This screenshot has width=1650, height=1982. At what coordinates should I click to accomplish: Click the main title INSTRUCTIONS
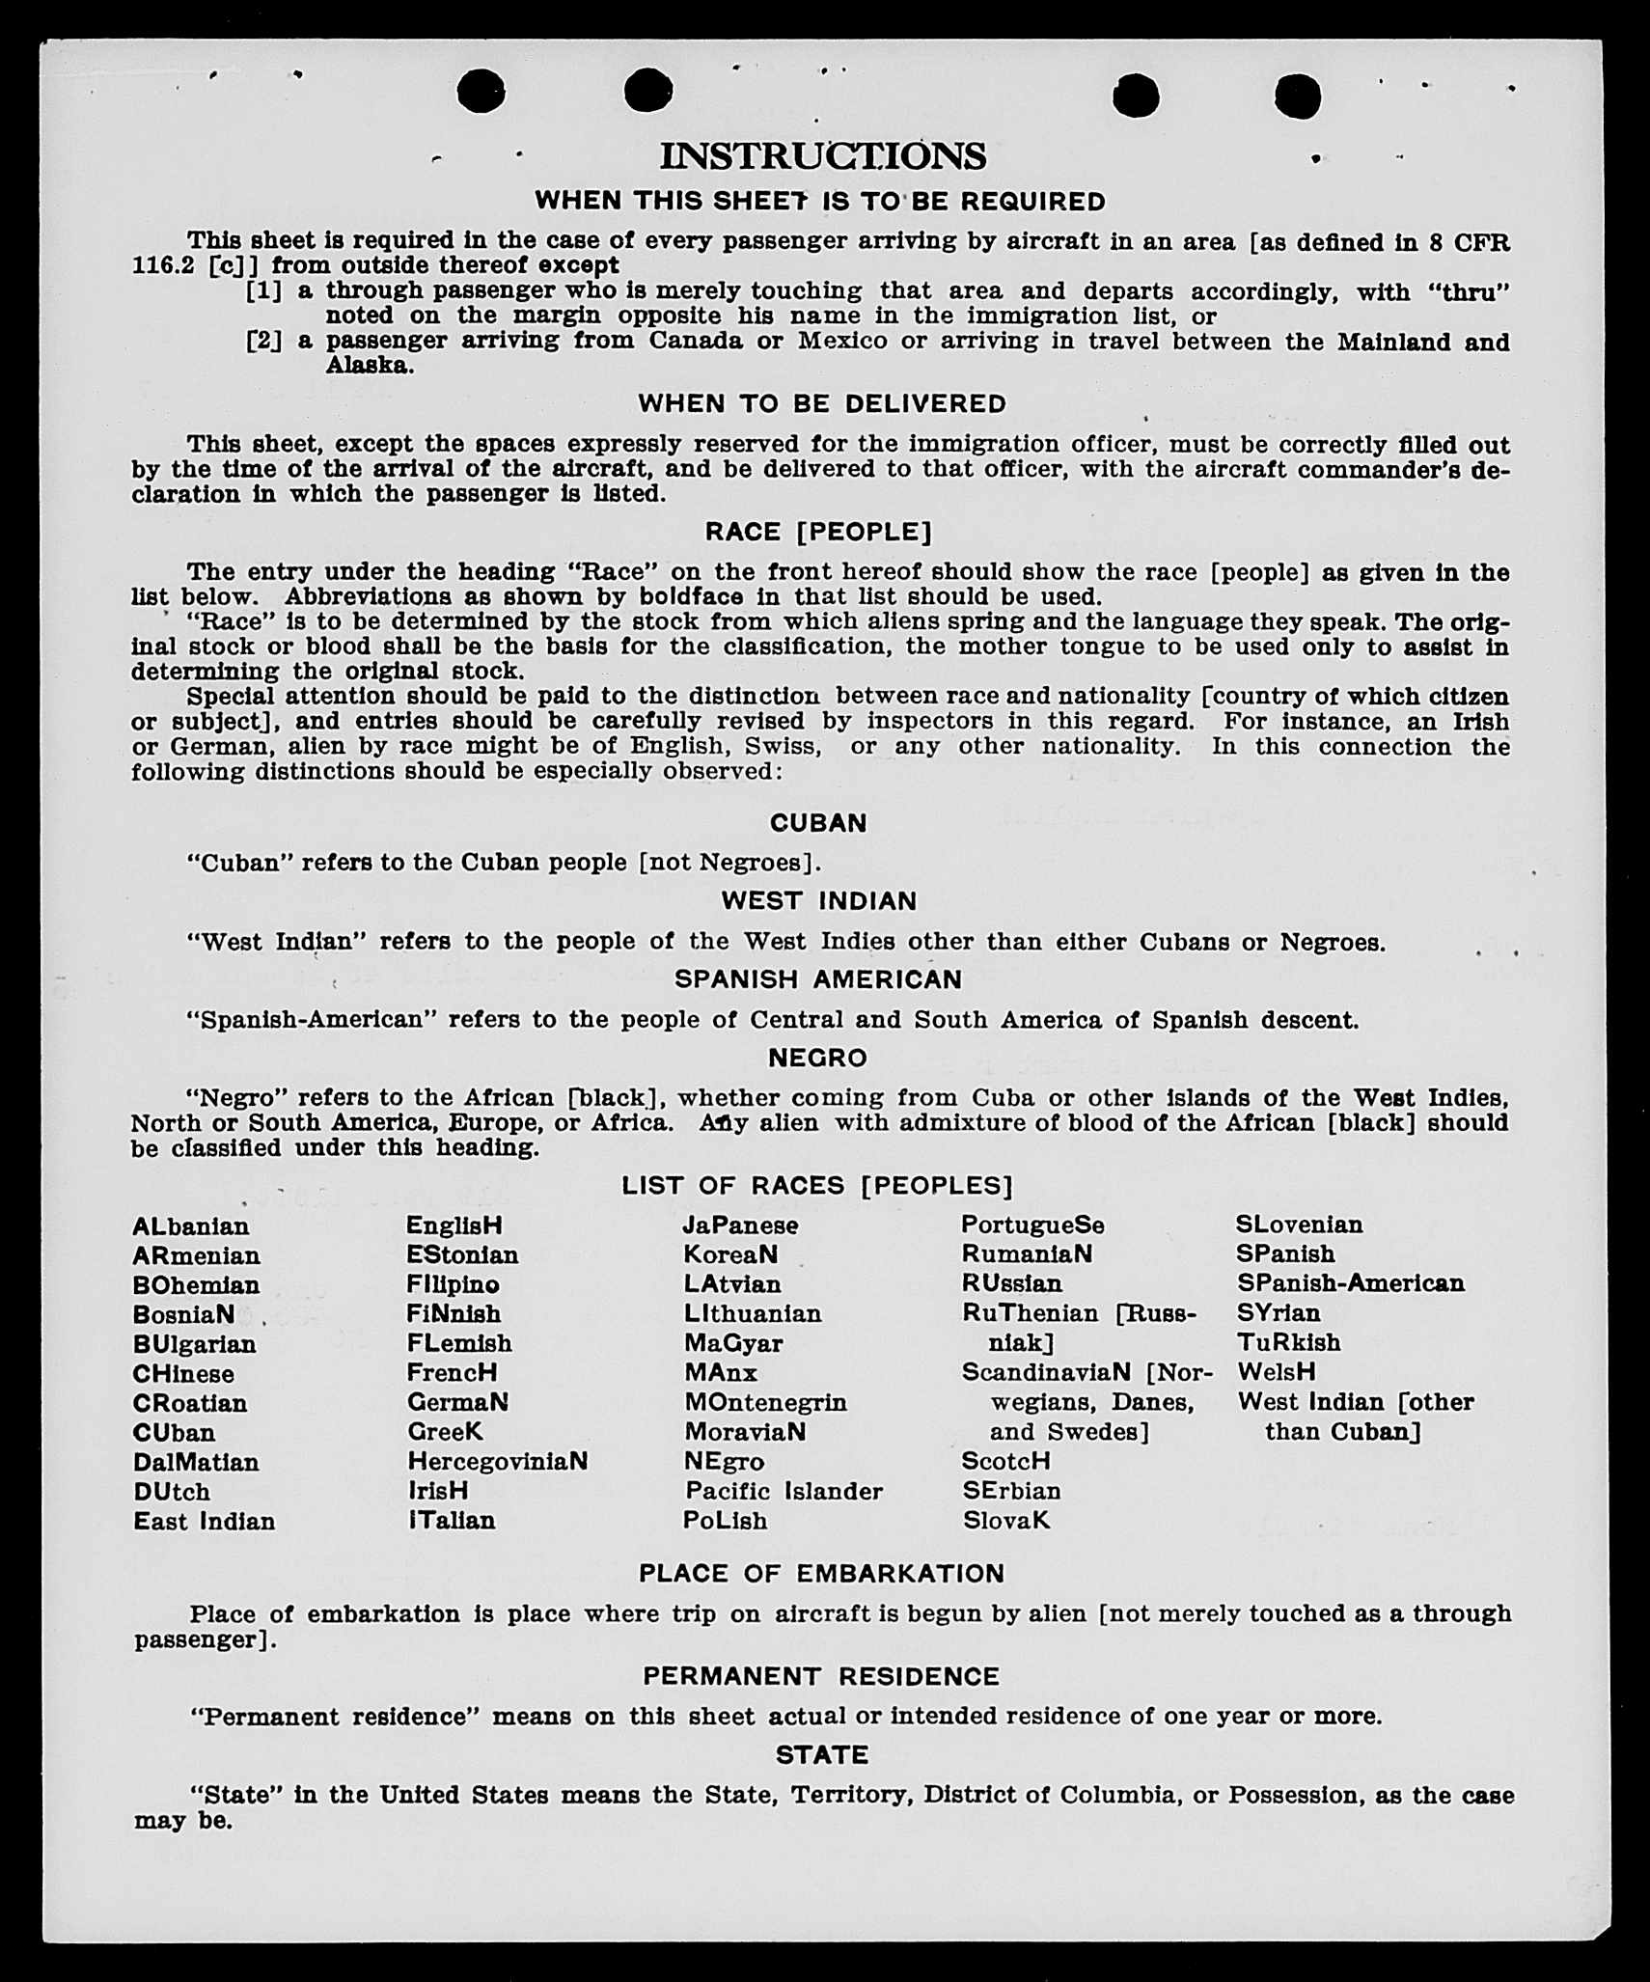pos(822,155)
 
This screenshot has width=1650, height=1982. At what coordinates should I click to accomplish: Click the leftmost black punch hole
pos(481,92)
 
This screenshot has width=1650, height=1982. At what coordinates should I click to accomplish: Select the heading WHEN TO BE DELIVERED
pos(822,403)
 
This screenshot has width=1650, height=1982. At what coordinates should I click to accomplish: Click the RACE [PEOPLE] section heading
pos(818,532)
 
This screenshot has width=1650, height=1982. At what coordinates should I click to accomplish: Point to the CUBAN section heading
pos(818,822)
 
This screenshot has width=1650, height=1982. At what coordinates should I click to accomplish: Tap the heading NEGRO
pos(818,1058)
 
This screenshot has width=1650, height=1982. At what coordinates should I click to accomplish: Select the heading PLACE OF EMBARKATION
pos(822,1574)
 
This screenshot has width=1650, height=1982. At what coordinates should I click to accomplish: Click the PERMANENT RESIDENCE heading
pos(822,1676)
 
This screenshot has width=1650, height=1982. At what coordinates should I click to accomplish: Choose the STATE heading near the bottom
pos(822,1754)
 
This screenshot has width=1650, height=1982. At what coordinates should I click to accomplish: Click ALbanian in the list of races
pos(191,1226)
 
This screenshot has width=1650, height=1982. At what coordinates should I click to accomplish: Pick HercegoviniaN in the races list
pos(498,1461)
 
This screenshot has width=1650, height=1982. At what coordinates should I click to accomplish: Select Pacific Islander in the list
pos(784,1491)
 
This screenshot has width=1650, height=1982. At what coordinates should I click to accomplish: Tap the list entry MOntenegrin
pos(765,1402)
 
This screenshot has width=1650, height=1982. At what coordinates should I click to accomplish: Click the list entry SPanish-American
pos(1350,1283)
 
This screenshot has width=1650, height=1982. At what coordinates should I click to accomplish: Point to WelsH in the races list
pos(1276,1371)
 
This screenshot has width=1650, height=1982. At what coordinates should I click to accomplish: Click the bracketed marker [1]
pos(263,290)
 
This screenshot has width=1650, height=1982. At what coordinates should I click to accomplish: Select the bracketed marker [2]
pos(263,341)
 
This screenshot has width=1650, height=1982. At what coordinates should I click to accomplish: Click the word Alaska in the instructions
pos(370,366)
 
